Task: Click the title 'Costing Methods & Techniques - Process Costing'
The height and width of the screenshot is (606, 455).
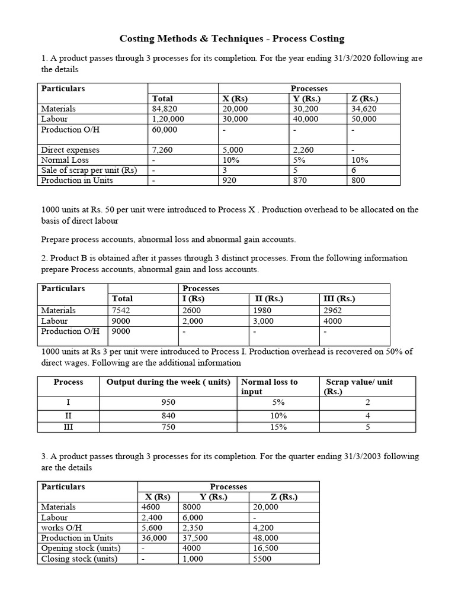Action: [x=232, y=39]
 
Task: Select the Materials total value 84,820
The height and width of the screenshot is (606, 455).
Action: [x=165, y=109]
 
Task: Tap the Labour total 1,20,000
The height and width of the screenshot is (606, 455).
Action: [x=168, y=119]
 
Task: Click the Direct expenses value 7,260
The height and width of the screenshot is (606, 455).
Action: [x=162, y=150]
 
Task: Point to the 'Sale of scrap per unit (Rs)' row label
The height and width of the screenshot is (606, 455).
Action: [x=89, y=170]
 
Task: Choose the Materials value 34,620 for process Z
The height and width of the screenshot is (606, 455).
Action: [x=364, y=109]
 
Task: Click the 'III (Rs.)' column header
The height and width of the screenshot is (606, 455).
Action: [x=337, y=299]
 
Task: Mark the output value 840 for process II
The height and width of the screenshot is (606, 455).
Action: [x=168, y=415]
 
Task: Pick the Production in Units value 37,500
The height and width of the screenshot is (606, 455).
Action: [x=194, y=538]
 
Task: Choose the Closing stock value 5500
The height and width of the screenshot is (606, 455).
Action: [x=262, y=559]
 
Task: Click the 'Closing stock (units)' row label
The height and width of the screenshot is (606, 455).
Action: [x=79, y=559]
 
